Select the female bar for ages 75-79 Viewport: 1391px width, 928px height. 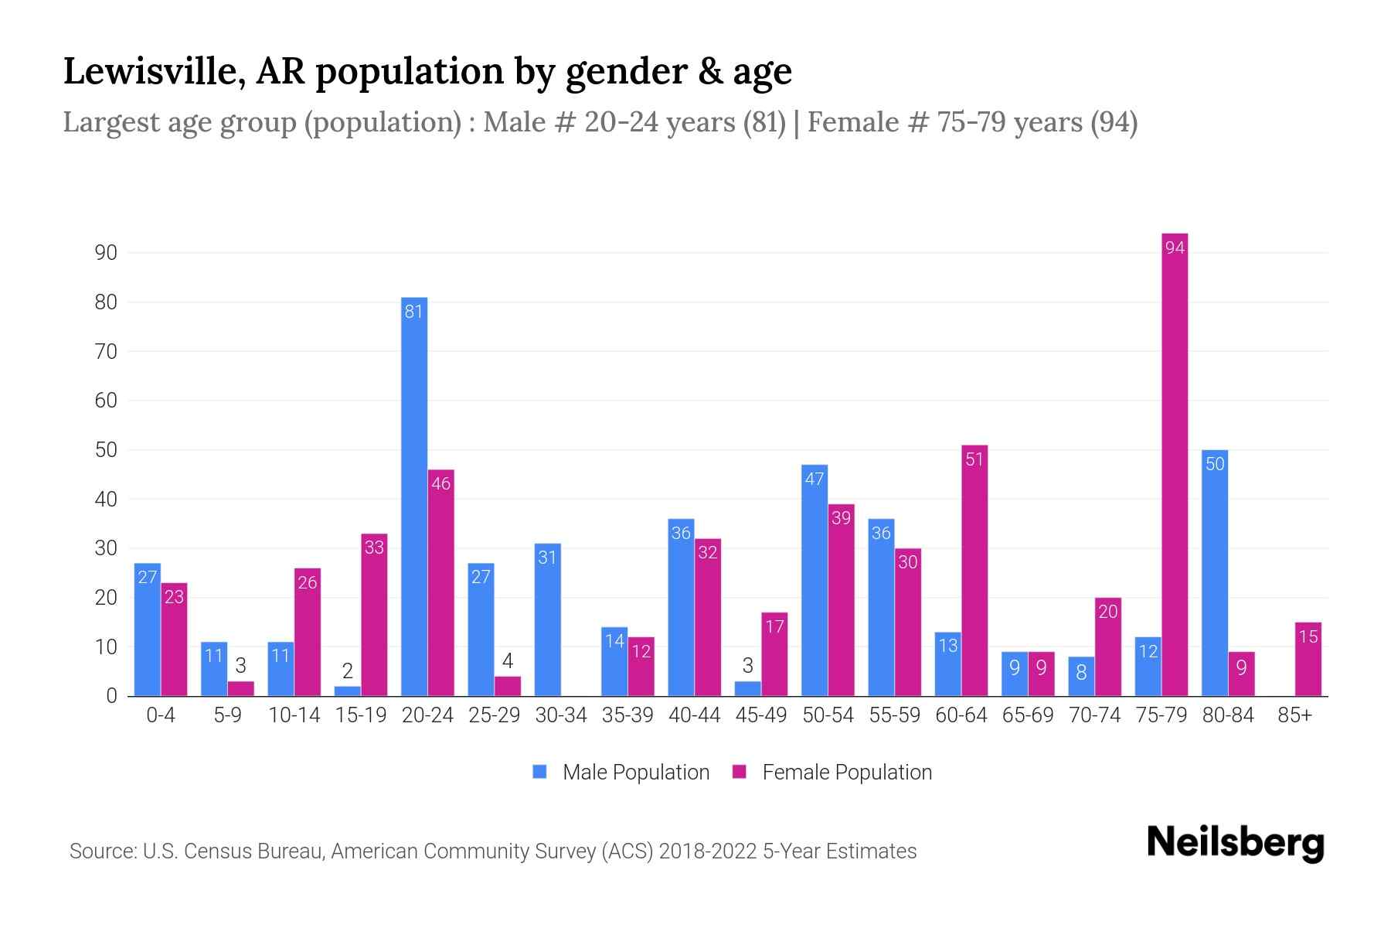tap(1174, 464)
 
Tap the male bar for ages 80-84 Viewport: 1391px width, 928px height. tap(1215, 572)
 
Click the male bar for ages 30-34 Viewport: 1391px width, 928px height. tap(547, 619)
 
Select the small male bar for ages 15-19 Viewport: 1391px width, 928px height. tap(348, 691)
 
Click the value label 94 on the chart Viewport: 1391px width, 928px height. tap(1175, 247)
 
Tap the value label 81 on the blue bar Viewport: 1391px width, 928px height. tap(414, 312)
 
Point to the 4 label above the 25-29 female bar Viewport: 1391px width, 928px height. tap(508, 661)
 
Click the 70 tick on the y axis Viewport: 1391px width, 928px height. tap(106, 352)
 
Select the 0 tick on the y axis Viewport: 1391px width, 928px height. tap(111, 696)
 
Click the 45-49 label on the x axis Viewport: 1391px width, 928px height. tap(760, 715)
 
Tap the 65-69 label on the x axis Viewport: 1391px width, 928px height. tap(1028, 715)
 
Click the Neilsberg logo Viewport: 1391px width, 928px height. tap(1235, 842)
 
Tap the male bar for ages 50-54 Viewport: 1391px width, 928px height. tap(815, 580)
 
